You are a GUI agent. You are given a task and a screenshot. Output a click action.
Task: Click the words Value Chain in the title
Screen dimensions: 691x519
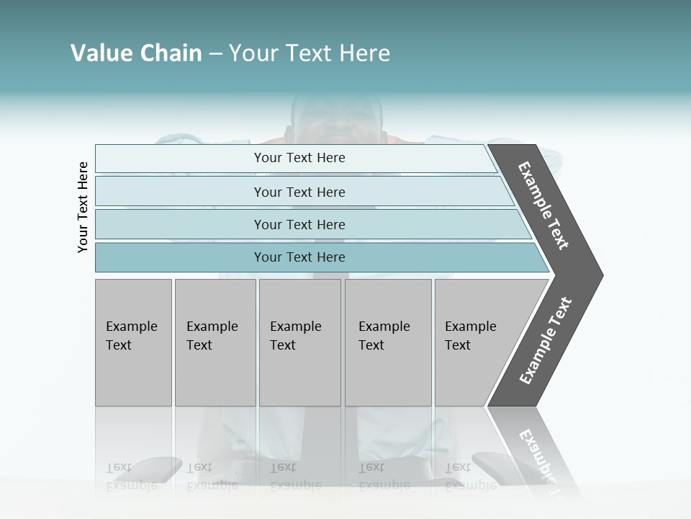(136, 53)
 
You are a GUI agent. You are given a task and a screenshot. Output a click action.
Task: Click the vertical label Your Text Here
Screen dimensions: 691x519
(83, 208)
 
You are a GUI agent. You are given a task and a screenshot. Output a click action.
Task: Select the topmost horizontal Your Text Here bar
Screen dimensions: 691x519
(180, 159)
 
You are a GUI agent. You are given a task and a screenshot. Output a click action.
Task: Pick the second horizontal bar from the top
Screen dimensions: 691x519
(180, 192)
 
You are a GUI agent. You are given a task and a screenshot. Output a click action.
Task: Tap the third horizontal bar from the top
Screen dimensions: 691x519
(180, 224)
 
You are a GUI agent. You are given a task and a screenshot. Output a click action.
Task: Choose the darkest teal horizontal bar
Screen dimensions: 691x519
(180, 257)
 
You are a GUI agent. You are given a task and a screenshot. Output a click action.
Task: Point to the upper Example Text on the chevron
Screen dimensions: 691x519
(543, 205)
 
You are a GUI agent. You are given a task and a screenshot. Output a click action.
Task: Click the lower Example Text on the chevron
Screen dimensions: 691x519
(545, 341)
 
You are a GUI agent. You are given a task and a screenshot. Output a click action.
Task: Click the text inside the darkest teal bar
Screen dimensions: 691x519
(299, 257)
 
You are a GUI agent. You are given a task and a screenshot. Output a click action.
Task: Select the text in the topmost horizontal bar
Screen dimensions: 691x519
(299, 158)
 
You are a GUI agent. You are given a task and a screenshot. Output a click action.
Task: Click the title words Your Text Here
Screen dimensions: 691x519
(310, 53)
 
